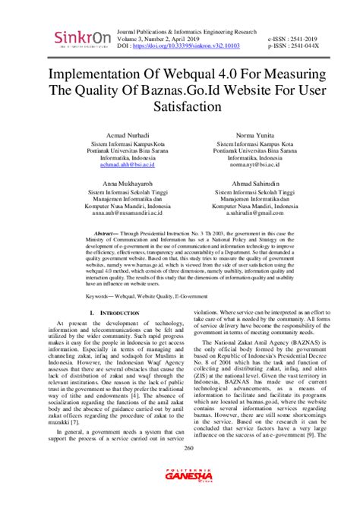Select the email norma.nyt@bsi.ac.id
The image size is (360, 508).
(x=253, y=164)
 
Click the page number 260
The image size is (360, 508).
(x=179, y=469)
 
